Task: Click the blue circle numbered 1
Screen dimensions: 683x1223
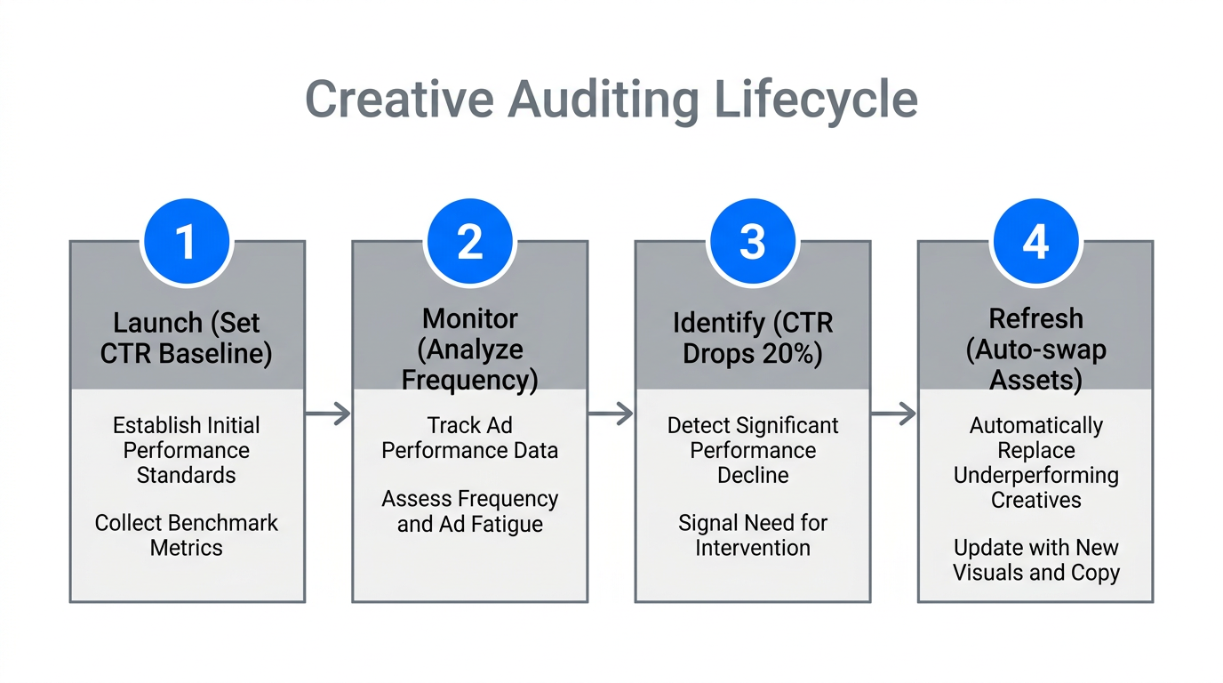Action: click(x=187, y=242)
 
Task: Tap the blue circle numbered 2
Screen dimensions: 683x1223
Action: click(x=469, y=242)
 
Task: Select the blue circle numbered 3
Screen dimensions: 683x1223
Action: click(x=752, y=242)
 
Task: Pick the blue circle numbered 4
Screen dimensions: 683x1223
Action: click(x=1035, y=242)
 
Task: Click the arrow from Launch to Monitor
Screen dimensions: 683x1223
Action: click(x=328, y=414)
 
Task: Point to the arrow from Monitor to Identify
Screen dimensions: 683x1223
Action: click(x=611, y=414)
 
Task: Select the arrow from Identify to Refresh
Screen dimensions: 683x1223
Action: click(x=893, y=414)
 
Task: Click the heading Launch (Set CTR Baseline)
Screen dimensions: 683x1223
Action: click(x=187, y=338)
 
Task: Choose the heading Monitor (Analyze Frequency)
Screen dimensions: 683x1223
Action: click(x=469, y=349)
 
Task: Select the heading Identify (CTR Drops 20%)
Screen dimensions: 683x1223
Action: click(x=752, y=338)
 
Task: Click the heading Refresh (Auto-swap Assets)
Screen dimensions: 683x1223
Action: click(x=1035, y=349)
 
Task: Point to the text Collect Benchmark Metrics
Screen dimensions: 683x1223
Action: click(x=187, y=535)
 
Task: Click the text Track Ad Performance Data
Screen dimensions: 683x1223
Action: click(x=469, y=438)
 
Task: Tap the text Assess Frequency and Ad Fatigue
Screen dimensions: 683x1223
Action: click(x=469, y=511)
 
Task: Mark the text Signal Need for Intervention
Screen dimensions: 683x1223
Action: click(x=752, y=535)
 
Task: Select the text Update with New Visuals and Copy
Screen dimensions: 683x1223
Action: click(x=1035, y=560)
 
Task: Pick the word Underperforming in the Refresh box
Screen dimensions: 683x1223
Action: click(x=1035, y=475)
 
